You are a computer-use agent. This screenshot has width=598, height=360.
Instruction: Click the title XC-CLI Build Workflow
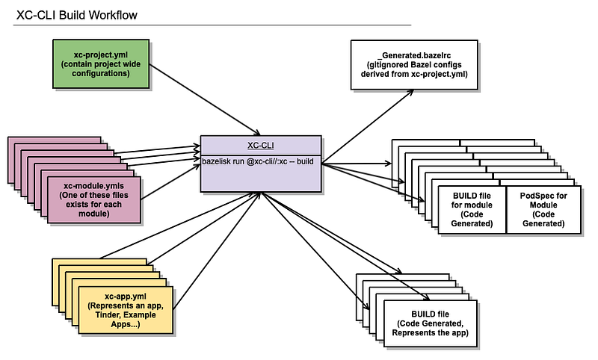click(77, 15)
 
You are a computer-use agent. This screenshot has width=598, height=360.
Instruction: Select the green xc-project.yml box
click(101, 64)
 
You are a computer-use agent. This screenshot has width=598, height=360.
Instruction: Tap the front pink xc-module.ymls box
click(94, 199)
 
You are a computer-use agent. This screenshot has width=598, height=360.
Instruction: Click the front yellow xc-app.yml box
click(126, 310)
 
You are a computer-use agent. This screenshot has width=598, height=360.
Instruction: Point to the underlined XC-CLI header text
click(261, 145)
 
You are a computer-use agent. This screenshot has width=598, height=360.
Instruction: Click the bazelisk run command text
click(258, 161)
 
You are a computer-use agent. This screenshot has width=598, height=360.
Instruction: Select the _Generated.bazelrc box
click(414, 65)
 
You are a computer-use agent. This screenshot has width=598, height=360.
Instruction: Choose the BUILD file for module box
click(472, 210)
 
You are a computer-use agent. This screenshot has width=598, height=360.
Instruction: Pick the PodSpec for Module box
click(543, 210)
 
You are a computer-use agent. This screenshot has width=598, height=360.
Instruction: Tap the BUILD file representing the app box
click(431, 323)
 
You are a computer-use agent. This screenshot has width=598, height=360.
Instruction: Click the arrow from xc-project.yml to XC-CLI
click(205, 100)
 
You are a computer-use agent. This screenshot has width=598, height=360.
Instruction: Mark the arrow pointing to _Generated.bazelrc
click(368, 127)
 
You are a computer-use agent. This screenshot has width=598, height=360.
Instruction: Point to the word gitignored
click(389, 65)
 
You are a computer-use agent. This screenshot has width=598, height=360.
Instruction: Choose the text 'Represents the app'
click(431, 332)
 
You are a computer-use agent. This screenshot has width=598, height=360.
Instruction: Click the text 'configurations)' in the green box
click(101, 73)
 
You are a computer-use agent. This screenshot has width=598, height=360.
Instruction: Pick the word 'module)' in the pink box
click(94, 214)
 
